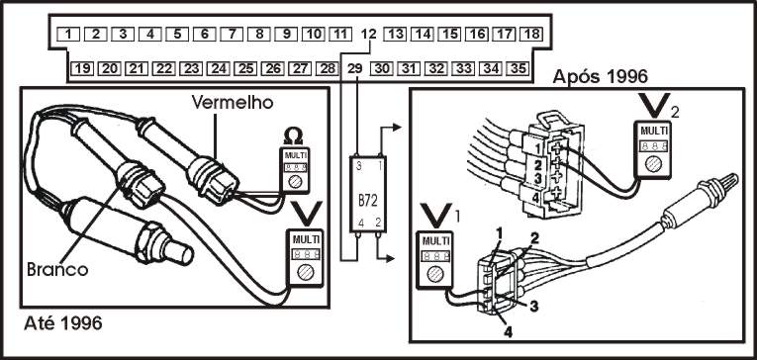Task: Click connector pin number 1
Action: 68,35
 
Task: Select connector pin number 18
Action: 531,35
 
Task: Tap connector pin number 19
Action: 82,69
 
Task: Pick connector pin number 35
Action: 518,69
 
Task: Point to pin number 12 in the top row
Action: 368,35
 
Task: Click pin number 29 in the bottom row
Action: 355,69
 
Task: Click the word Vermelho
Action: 233,102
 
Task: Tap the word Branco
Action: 57,269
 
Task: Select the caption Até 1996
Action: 63,323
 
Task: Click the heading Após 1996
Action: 600,77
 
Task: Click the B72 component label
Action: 368,201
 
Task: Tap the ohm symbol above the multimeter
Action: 293,137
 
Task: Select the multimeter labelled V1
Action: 435,260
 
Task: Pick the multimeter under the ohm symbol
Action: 295,170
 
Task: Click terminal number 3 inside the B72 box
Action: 358,166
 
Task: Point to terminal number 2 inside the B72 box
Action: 378,224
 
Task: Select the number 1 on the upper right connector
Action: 536,144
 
